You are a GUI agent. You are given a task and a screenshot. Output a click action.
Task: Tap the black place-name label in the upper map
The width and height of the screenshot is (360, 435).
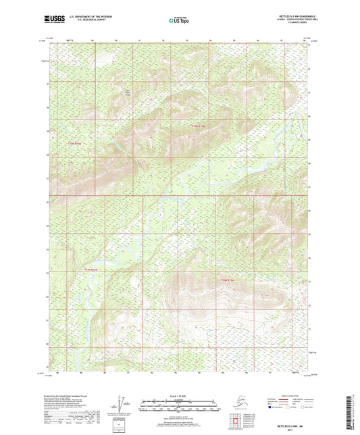click(x=128, y=93)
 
